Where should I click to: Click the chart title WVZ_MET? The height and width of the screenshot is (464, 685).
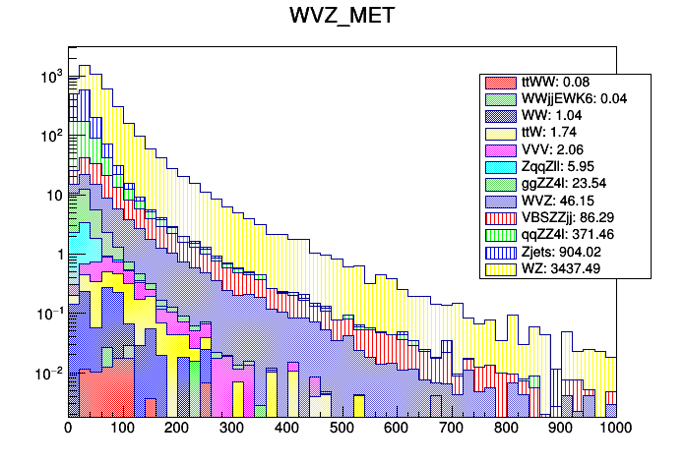point(342,17)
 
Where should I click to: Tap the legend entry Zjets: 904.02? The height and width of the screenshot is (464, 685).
point(562,251)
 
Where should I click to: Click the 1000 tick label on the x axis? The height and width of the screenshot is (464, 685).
point(615,428)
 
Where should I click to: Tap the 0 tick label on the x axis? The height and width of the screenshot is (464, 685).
point(68,428)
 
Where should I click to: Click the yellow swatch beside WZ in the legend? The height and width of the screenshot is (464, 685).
point(500,267)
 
